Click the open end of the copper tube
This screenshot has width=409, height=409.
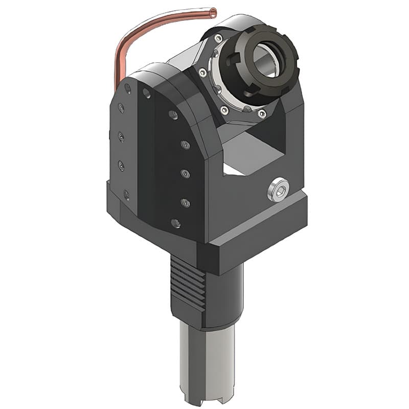tap(213, 12)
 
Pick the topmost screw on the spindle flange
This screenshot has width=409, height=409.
tap(218, 38)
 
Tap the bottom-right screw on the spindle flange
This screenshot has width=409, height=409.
tap(262, 114)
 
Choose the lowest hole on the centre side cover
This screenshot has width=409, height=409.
tap(175, 223)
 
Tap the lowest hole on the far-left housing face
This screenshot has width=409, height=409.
tap(126, 194)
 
